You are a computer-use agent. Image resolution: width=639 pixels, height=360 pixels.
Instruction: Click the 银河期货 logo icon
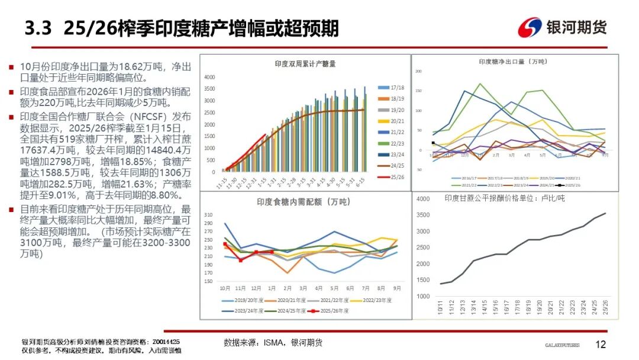[530, 27]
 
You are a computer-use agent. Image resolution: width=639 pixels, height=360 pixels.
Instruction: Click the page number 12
[601, 345]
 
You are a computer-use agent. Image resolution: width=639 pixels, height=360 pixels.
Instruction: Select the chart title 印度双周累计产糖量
[305, 64]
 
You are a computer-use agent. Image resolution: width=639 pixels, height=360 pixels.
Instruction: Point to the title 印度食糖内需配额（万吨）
[299, 202]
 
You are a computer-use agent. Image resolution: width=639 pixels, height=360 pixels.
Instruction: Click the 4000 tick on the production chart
[209, 78]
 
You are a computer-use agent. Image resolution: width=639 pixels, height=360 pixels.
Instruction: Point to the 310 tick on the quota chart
[208, 215]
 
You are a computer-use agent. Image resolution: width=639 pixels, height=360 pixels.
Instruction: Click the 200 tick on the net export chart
[418, 72]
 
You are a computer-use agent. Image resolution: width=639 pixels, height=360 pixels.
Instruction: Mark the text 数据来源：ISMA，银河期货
[273, 343]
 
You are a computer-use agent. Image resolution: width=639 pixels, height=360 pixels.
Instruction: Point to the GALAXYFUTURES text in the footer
[562, 345]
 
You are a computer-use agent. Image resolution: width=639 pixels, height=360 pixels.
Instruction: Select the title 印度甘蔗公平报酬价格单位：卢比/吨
[505, 198]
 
